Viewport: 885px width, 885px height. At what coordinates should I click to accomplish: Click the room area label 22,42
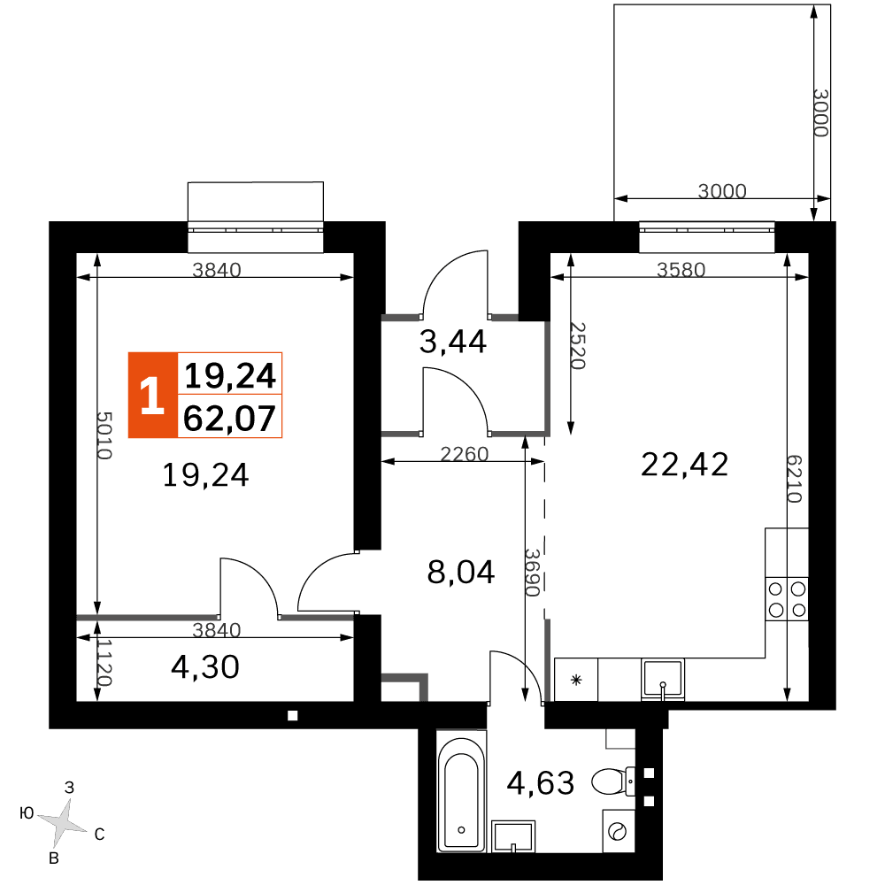pos(685,466)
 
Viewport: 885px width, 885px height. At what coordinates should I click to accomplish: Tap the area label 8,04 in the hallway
pos(461,572)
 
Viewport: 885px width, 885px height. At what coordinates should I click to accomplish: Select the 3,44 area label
pos(452,342)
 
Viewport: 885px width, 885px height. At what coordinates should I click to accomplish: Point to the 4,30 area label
pos(205,667)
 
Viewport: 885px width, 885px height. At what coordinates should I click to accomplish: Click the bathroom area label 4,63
pos(541,783)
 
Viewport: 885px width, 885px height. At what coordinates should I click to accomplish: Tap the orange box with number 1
pos(153,395)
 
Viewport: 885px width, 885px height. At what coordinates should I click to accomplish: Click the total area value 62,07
pos(230,419)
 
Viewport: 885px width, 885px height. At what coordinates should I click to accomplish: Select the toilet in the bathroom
pos(613,781)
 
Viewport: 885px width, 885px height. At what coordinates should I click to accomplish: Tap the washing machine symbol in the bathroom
pos(619,831)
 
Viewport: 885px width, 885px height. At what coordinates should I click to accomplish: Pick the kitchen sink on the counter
pos(663,679)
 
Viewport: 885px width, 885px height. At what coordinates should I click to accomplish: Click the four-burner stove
pos(787,599)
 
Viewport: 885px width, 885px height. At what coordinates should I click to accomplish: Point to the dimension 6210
pos(794,479)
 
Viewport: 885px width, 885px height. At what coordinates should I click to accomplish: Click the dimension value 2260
pos(464,454)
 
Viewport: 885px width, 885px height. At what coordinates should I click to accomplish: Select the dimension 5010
pos(104,435)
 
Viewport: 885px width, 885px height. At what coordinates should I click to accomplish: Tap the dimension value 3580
pos(681,270)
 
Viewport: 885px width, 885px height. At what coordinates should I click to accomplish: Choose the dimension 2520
pos(577,345)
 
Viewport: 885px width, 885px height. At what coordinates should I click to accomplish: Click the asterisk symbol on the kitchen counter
pos(576,680)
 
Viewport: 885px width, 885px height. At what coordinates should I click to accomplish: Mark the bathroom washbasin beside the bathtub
pos(513,836)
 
